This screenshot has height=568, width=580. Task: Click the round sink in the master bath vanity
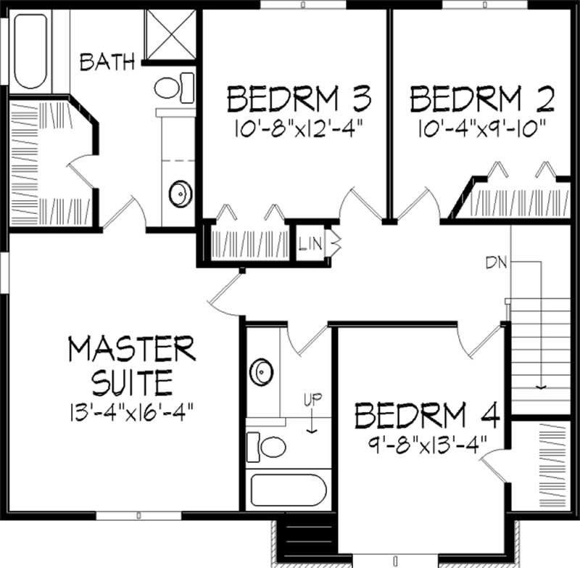point(179,194)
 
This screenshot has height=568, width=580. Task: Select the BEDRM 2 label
point(482,97)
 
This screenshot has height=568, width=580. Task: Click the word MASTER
point(132,349)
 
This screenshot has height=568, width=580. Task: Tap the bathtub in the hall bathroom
point(289,491)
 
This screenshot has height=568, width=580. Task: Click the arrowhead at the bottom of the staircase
point(539,387)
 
